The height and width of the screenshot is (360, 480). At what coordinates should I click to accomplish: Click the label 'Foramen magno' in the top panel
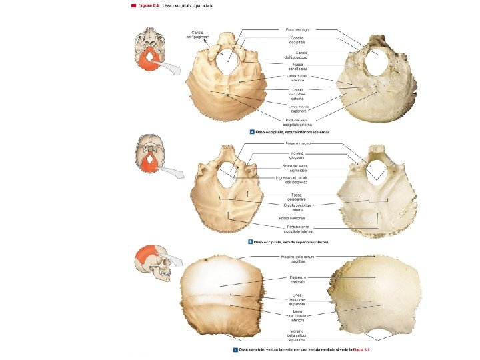(x=294, y=29)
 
